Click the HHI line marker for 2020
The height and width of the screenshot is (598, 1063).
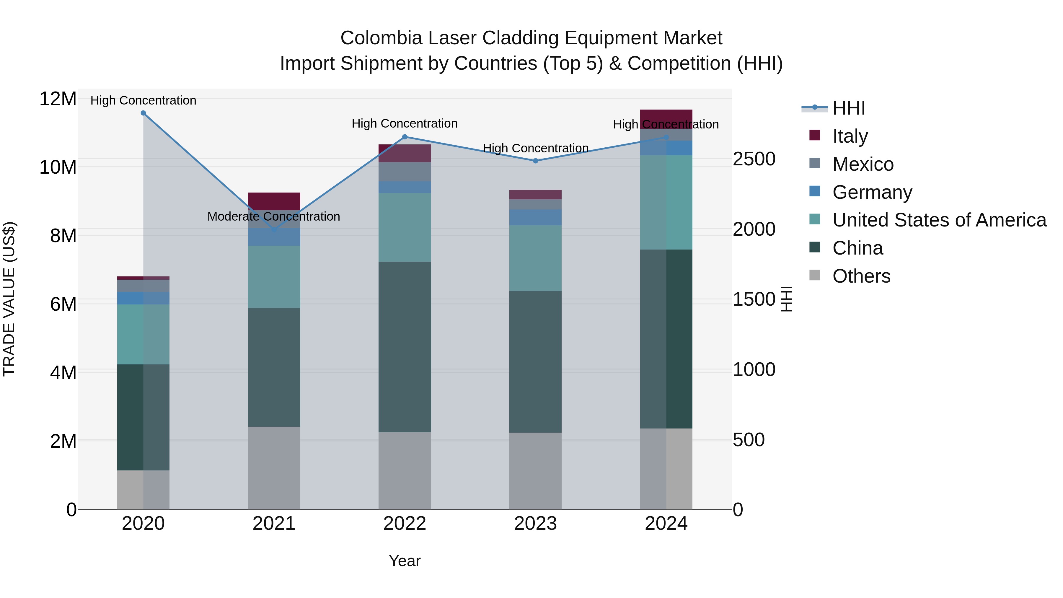[143, 113]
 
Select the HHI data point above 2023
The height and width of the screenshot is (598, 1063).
[535, 161]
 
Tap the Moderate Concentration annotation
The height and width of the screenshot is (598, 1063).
[274, 216]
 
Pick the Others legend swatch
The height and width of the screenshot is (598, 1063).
[815, 275]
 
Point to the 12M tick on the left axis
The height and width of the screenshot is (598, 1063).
[58, 99]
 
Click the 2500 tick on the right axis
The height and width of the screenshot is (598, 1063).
[754, 159]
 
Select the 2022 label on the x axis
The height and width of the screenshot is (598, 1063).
[405, 524]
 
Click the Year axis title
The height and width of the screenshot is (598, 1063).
[405, 561]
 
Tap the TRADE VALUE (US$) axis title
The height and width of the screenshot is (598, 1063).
[9, 299]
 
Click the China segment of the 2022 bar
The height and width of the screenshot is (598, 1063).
[405, 347]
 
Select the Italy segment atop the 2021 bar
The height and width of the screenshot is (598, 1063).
[274, 201]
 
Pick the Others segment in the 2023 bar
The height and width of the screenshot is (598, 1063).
[535, 470]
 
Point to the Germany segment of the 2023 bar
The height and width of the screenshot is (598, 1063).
[535, 217]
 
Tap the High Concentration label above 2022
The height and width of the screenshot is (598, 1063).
[405, 123]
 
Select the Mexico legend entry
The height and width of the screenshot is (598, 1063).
[863, 164]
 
